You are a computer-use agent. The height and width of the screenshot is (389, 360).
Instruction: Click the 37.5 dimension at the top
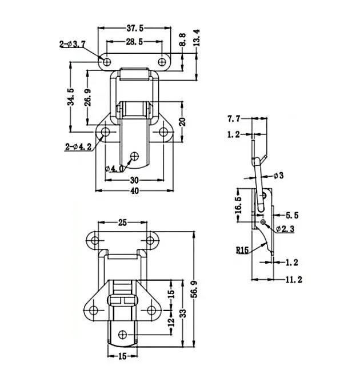(135, 28)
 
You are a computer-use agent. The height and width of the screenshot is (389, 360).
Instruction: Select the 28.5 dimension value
(134, 42)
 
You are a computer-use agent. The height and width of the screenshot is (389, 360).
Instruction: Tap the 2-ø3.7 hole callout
(73, 45)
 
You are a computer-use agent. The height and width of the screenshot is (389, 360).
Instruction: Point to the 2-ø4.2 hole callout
(78, 147)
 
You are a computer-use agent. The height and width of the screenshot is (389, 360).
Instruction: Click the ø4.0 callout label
(114, 169)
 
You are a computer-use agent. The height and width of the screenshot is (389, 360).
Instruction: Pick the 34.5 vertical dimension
(71, 97)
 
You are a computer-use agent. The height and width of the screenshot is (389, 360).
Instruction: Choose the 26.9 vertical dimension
(88, 97)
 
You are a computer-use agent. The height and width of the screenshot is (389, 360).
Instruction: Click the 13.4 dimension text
(197, 38)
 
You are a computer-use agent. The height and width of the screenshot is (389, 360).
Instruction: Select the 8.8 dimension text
(183, 39)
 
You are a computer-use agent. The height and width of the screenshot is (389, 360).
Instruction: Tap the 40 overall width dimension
(134, 190)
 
